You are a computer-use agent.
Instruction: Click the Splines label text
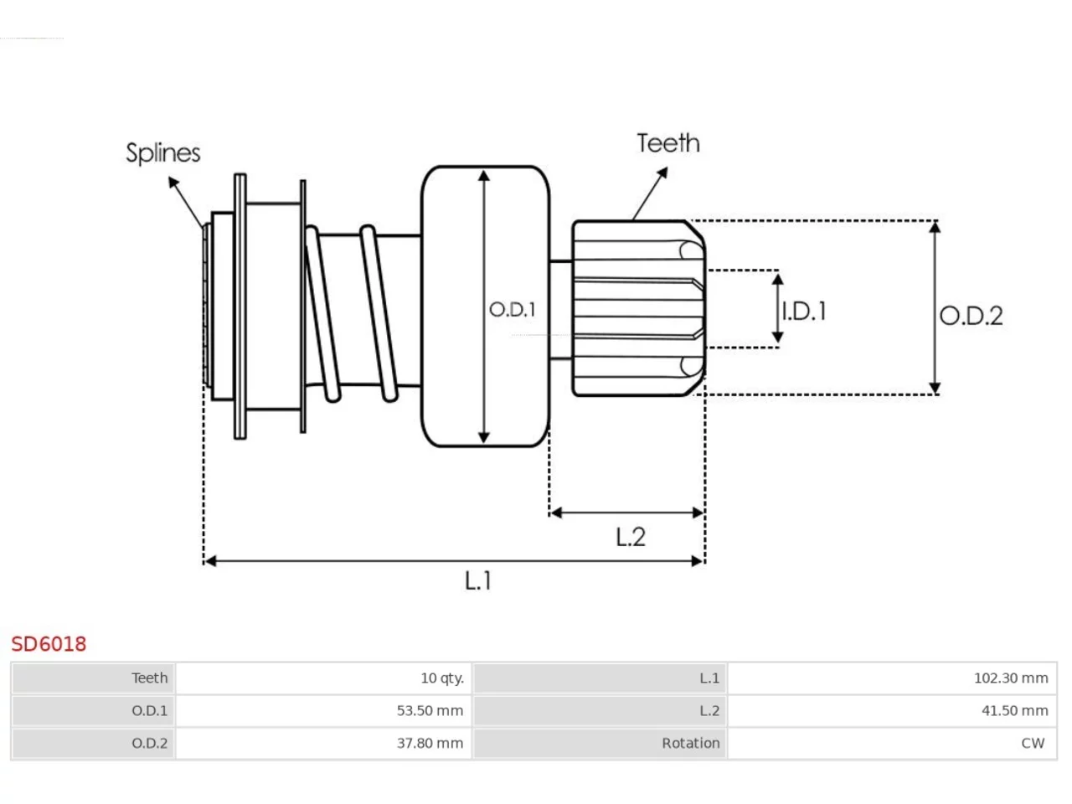pyautogui.click(x=163, y=153)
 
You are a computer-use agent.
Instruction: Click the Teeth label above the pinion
pyautogui.click(x=668, y=143)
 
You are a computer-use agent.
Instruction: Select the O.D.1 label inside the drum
pyautogui.click(x=513, y=310)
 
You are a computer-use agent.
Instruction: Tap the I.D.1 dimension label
pyautogui.click(x=804, y=312)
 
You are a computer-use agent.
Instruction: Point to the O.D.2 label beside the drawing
pyautogui.click(x=971, y=316)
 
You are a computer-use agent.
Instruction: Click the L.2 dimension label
pyautogui.click(x=631, y=537)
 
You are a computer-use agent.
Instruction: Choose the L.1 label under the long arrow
pyautogui.click(x=477, y=581)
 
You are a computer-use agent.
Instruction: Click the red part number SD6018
pyautogui.click(x=49, y=644)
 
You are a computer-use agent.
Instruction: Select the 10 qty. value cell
pyautogui.click(x=442, y=678)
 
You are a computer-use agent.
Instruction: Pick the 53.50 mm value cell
pyautogui.click(x=430, y=710)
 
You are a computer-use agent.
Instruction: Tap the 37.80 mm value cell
pyautogui.click(x=430, y=743)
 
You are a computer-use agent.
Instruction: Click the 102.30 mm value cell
pyautogui.click(x=1011, y=678)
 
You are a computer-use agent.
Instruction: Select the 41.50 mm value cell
pyautogui.click(x=1015, y=710)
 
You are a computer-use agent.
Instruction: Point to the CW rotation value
pyautogui.click(x=1033, y=743)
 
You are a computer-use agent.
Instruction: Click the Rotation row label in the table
pyautogui.click(x=691, y=743)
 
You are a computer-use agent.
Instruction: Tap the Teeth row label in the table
pyautogui.click(x=149, y=678)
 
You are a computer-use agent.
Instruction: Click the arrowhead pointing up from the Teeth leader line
pyautogui.click(x=662, y=173)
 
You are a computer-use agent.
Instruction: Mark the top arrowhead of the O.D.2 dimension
pyautogui.click(x=935, y=227)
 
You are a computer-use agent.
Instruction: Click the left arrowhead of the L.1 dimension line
pyautogui.click(x=210, y=561)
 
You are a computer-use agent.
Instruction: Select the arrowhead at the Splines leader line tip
pyautogui.click(x=173, y=182)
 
